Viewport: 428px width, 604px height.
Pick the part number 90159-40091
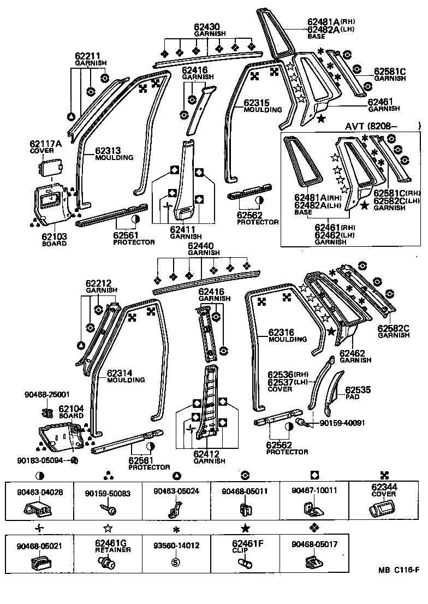point(342,423)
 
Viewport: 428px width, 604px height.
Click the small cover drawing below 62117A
point(52,167)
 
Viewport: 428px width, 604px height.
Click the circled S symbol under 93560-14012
point(176,562)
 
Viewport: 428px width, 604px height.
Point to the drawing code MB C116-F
point(399,570)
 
